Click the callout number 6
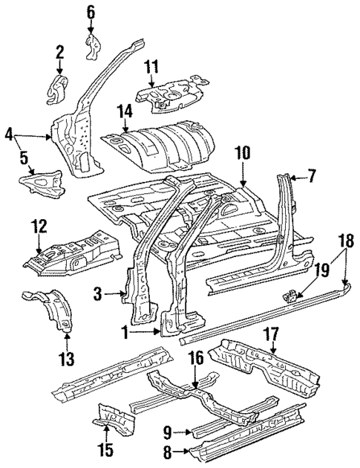tap(91, 11)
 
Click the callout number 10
tap(244, 154)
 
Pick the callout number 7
tap(312, 177)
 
